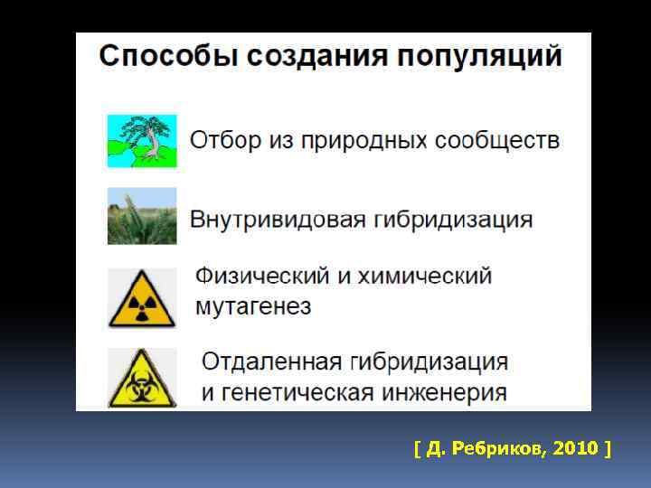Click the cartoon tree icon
pyautogui.click(x=142, y=140)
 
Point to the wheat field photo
pyautogui.click(x=142, y=216)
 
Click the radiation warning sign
pyautogui.click(x=142, y=297)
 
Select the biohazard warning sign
pyautogui.click(x=142, y=378)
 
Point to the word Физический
pyautogui.click(x=262, y=276)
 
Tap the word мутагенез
pyautogui.click(x=254, y=307)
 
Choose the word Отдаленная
pyautogui.click(x=271, y=362)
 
